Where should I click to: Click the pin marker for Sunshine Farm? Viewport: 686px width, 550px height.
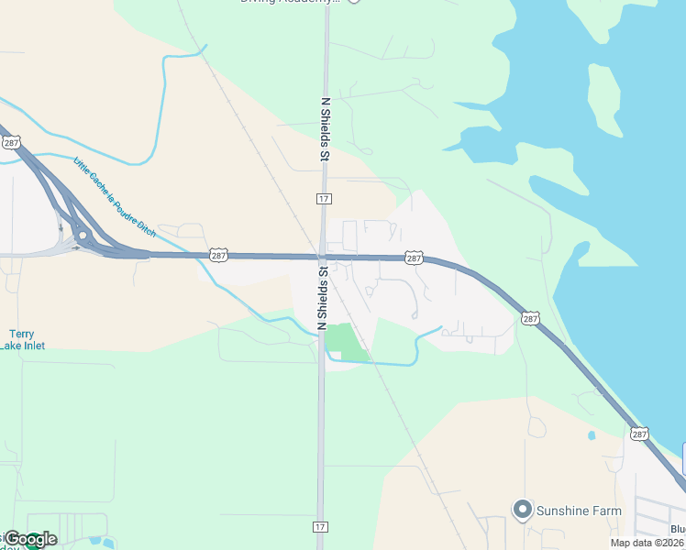(x=523, y=508)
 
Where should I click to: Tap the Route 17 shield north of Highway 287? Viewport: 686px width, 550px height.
(x=324, y=198)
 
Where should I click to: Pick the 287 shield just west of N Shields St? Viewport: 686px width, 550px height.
(x=217, y=255)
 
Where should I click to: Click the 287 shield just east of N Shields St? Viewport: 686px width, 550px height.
(x=414, y=258)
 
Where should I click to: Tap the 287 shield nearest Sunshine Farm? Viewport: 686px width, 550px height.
(x=639, y=434)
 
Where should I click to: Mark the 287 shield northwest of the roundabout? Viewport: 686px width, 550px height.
(x=10, y=143)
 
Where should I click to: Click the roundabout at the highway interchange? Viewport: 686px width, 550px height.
(x=83, y=236)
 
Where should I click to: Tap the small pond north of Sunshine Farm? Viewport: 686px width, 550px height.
(x=592, y=434)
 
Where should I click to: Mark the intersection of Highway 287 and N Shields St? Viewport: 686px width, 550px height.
(x=322, y=258)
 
